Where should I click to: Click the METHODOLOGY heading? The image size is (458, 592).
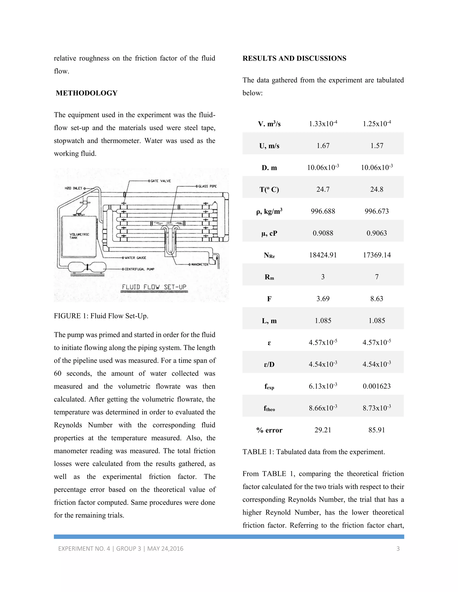pos(87,93)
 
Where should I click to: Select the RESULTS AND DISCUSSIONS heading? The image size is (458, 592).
pos(294,58)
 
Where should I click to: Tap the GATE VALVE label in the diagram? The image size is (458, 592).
pos(161,181)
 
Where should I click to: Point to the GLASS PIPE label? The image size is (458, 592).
pos(207,186)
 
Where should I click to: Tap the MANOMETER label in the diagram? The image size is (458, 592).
pos(200,264)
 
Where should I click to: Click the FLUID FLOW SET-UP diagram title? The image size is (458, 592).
pos(154,287)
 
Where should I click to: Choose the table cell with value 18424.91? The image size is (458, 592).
pos(323,255)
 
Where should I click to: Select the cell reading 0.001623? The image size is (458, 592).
pos(376,386)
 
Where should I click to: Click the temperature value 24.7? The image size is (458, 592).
pos(323,189)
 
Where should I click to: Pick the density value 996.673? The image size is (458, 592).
pos(376,211)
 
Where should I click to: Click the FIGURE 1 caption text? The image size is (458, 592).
pos(101,316)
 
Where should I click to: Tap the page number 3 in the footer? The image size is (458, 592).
pos(398,549)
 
